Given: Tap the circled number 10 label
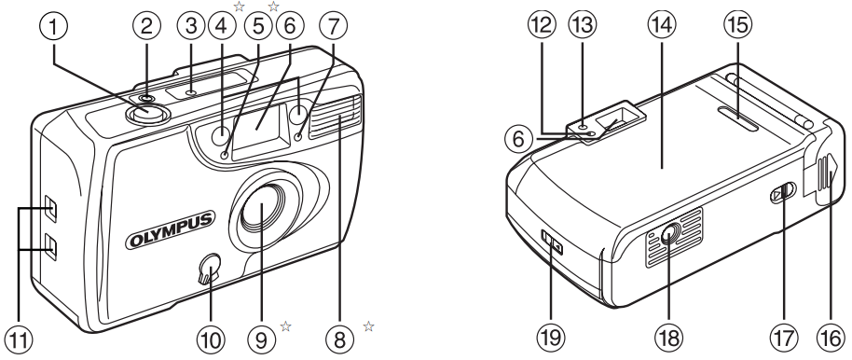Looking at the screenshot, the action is click(x=211, y=339).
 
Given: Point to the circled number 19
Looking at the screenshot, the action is click(x=550, y=338).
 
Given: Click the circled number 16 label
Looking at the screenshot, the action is click(x=831, y=339).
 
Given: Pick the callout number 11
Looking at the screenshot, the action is click(x=18, y=339).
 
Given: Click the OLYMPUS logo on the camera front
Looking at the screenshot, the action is click(x=171, y=230).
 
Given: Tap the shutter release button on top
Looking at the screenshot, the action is click(x=147, y=113).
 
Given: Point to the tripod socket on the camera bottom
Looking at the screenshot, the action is click(x=668, y=235).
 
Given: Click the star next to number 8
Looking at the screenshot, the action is click(x=368, y=326).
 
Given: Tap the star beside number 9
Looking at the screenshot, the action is click(x=285, y=326).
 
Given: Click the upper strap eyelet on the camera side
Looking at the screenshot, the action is click(x=50, y=208).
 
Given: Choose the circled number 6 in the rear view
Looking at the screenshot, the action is click(x=519, y=140).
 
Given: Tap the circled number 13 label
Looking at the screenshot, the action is click(x=583, y=24).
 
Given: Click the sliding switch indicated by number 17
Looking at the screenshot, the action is click(x=783, y=193).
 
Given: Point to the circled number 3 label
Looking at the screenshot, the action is click(x=191, y=25).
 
